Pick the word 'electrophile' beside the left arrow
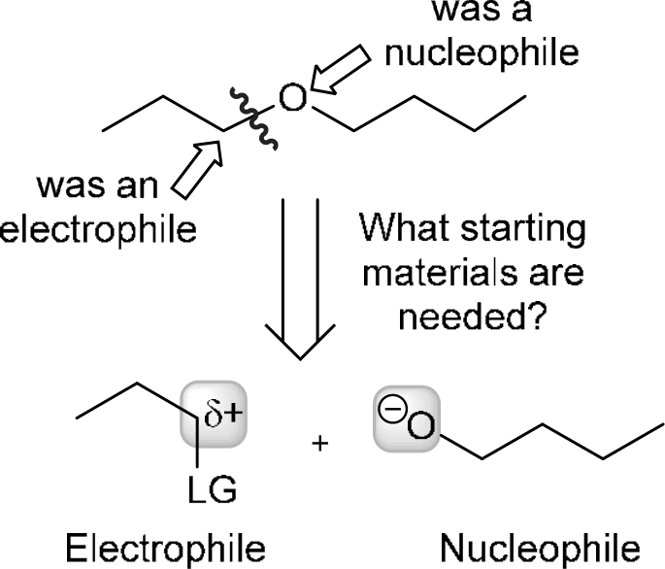click(97, 229)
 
